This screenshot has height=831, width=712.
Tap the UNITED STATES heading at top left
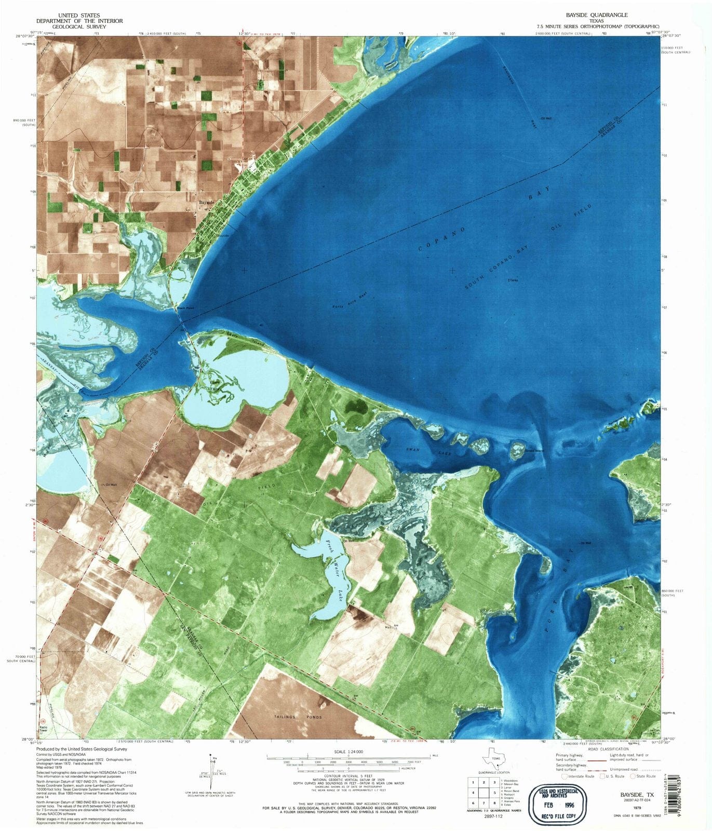pos(79,16)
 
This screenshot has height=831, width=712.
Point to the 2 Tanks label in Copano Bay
pos(513,280)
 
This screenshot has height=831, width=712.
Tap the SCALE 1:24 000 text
pos(348,752)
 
